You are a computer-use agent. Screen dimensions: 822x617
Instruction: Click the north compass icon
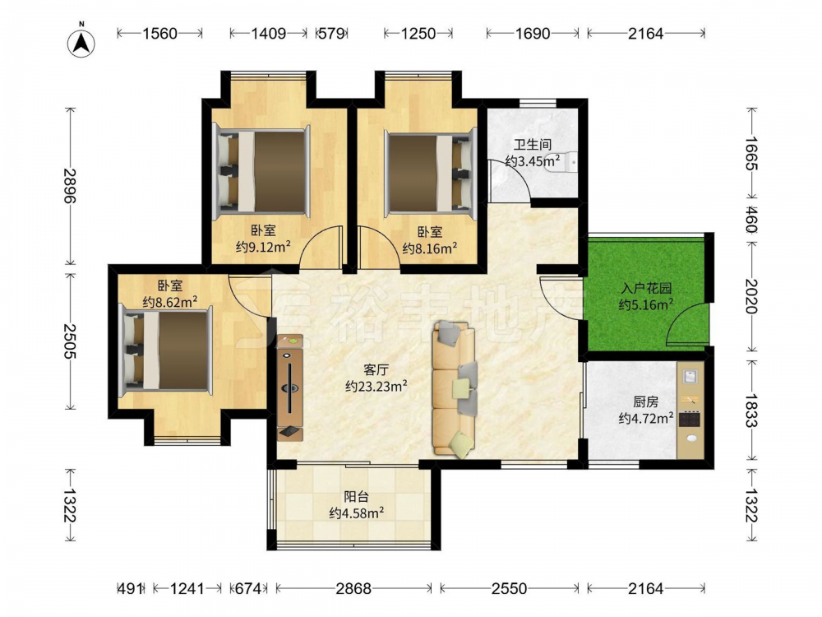pos(81,43)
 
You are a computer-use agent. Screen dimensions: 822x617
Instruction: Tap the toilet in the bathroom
pos(564,162)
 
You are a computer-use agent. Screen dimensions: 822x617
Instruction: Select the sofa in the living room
pos(455,388)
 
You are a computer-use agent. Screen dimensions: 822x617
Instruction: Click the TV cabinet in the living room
pos(290,387)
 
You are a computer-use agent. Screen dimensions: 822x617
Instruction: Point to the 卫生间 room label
pos(532,144)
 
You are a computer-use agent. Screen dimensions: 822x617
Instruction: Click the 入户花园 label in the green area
pos(646,289)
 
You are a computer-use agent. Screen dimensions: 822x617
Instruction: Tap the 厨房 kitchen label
pos(645,402)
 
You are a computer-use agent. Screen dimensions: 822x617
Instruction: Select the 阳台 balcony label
pos(356,496)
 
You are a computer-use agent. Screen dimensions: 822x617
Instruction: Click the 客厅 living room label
pos(376,370)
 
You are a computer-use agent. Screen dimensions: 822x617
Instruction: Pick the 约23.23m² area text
pos(376,387)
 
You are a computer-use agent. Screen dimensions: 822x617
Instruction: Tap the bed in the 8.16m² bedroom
pos(429,173)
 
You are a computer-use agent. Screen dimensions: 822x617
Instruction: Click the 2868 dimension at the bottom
pos(353,589)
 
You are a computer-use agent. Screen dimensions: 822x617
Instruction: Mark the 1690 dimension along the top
pos(532,34)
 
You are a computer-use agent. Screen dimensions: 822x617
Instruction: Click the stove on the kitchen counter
pos(690,420)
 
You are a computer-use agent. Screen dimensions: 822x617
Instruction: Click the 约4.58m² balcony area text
pos(357,513)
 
